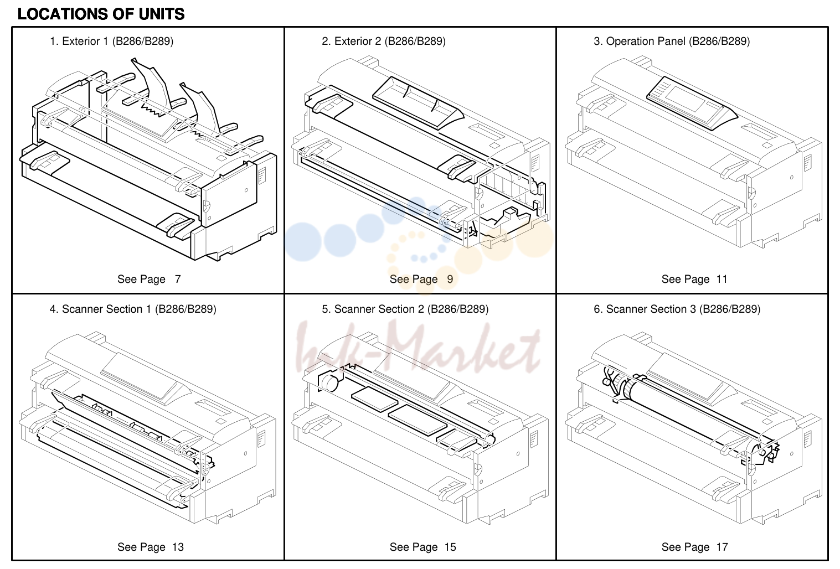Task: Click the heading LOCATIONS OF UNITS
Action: [x=101, y=14]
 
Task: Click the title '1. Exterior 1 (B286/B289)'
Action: [x=112, y=41]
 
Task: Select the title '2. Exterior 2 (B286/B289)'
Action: [x=384, y=41]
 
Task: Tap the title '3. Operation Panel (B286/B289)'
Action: [x=672, y=41]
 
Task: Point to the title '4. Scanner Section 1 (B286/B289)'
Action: [x=133, y=309]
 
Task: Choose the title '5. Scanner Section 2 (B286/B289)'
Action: [x=405, y=309]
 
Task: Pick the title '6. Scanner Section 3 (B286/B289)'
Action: [x=677, y=309]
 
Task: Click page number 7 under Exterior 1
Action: [x=178, y=280]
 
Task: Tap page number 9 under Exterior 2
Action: [x=450, y=280]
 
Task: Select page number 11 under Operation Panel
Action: [x=722, y=280]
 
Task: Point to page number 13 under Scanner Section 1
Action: [x=178, y=547]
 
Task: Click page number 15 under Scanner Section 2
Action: [x=450, y=547]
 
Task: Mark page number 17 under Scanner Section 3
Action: [x=722, y=547]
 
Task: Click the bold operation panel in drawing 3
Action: [x=692, y=103]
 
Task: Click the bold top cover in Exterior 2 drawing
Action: [x=418, y=102]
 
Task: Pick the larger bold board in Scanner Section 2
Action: [x=418, y=420]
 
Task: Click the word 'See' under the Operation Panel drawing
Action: [x=671, y=280]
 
